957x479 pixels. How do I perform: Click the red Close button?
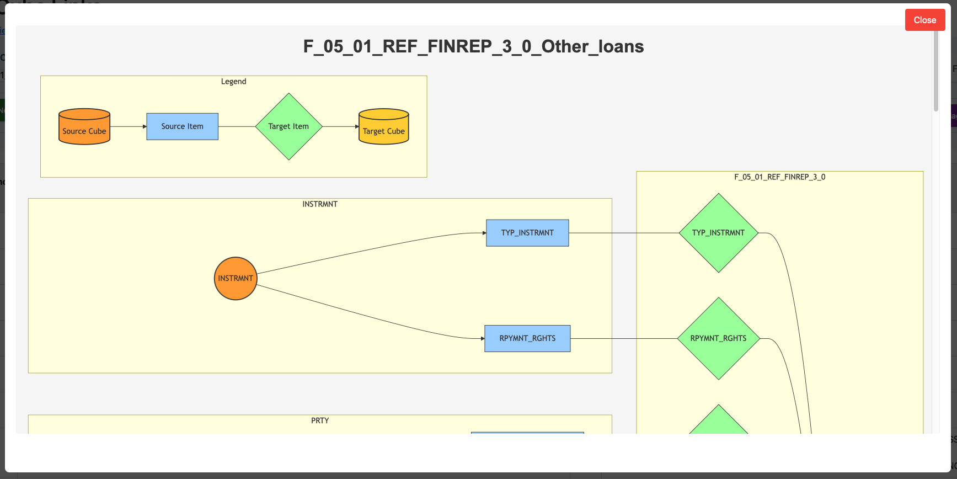[924, 20]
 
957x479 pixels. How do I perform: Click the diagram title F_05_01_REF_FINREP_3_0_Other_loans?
[473, 46]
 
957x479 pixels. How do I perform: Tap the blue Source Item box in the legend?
[182, 126]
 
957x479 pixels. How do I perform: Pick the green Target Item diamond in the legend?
[288, 126]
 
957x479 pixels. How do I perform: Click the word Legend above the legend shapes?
[233, 81]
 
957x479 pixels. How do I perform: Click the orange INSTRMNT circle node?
[236, 279]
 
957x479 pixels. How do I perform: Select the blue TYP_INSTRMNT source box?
[527, 233]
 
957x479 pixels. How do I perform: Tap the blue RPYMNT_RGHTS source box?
[527, 338]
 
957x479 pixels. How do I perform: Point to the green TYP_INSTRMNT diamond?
[718, 233]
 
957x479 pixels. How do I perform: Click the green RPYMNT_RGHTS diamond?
[718, 338]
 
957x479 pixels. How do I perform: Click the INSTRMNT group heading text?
[319, 204]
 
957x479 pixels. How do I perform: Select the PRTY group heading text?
[319, 421]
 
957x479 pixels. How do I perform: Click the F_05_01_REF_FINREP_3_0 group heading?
[779, 177]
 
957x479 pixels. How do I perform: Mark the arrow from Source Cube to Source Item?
[128, 126]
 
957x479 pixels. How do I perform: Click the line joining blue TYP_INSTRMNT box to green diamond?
[623, 233]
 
